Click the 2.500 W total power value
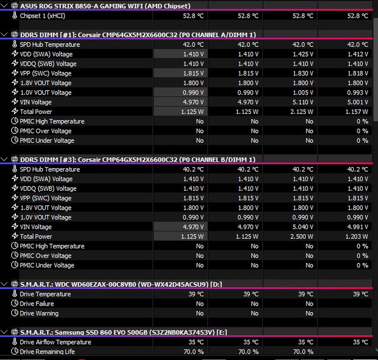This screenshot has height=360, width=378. [302, 237]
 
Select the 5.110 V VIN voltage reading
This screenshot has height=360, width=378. [303, 102]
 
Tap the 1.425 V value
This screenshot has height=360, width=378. [303, 54]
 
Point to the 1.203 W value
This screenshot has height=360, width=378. [357, 237]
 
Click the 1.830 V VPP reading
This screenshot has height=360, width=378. [303, 73]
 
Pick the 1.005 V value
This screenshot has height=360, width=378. [302, 93]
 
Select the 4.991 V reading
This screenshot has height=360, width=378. [357, 227]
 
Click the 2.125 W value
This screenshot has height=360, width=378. [302, 112]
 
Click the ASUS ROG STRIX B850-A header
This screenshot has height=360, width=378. [105, 6]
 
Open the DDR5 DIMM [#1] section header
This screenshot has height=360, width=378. [138, 35]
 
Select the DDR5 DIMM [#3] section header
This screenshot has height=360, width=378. [138, 159]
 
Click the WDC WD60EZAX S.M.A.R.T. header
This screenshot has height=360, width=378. [121, 284]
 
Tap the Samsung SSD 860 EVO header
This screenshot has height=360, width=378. [123, 332]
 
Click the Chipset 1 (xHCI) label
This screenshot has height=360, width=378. [43, 16]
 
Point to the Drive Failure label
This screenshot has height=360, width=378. [37, 303]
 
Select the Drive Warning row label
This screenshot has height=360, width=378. [39, 313]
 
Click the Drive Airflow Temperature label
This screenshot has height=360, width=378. [56, 342]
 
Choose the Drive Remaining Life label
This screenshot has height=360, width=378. [47, 352]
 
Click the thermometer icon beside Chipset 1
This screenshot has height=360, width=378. [15, 15]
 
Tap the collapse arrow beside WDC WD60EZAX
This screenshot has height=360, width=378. [4, 284]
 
